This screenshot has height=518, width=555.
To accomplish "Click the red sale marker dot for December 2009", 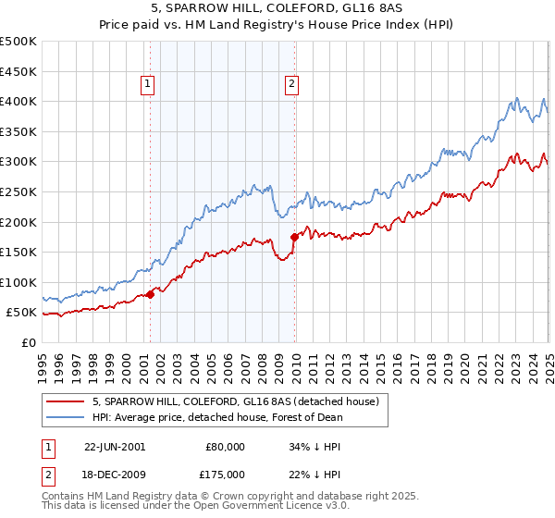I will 294,237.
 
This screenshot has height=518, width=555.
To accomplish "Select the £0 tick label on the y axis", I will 28,342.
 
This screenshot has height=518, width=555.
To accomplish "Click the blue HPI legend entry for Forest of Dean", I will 217,418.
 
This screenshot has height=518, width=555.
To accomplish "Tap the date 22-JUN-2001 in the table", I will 114,446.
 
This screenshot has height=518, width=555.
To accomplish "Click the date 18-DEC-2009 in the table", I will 114,475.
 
